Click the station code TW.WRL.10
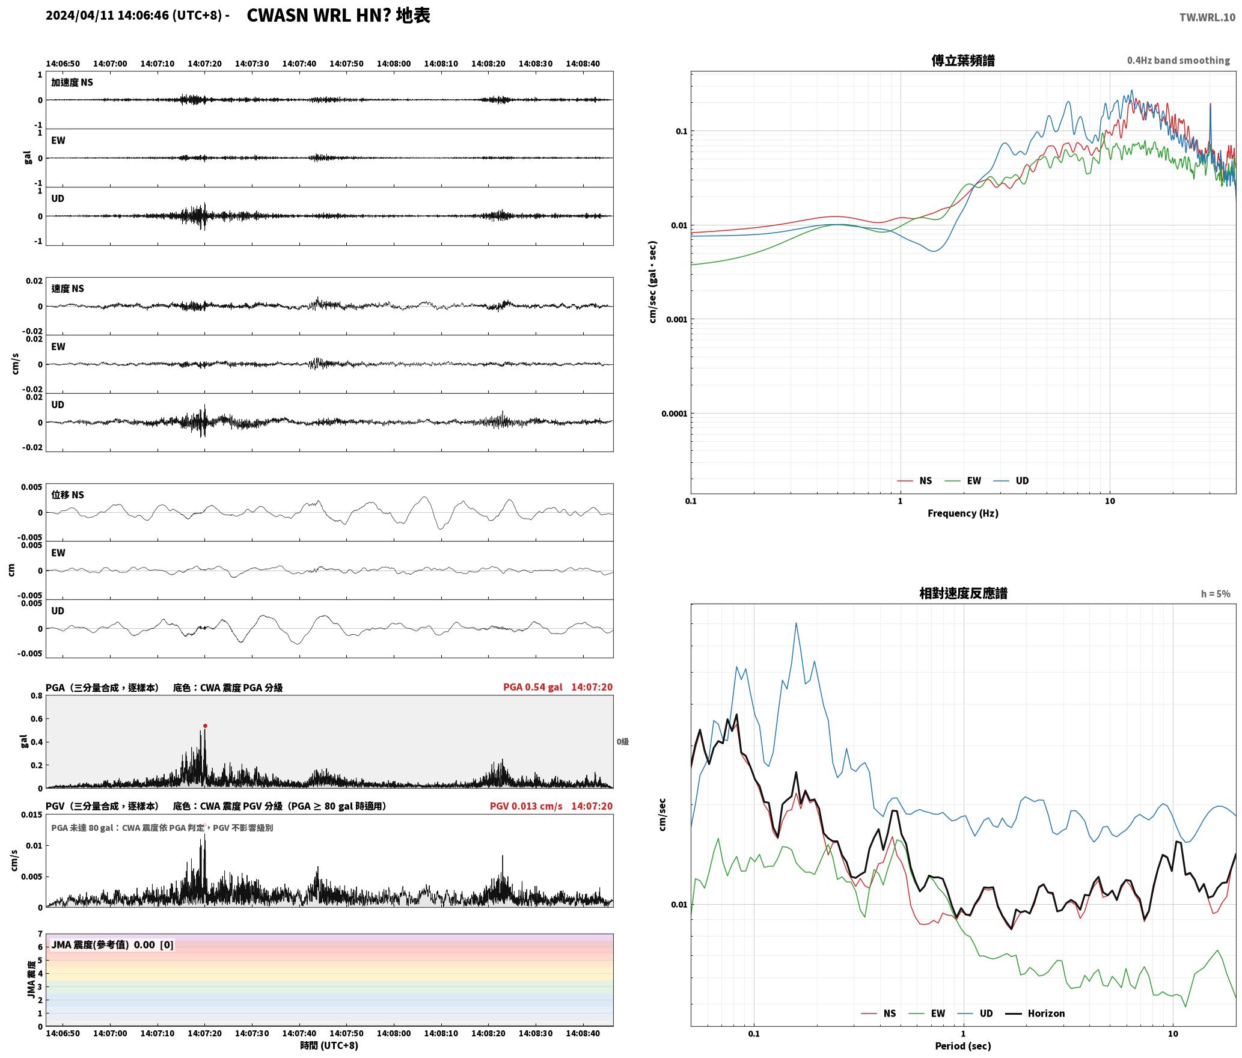1207,17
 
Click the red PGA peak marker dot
205,726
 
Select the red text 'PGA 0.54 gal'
533,687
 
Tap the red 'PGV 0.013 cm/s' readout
526,806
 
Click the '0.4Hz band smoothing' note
1178,61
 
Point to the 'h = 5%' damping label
1216,594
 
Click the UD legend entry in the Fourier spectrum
1011,481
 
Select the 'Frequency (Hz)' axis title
963,513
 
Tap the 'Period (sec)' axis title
963,1046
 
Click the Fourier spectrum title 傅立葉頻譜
963,61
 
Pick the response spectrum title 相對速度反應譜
963,593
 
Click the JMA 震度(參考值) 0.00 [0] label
112,944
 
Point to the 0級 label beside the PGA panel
622,742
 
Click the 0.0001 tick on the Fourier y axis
674,414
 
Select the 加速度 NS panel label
72,82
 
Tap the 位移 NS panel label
67,495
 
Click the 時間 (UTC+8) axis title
329,1045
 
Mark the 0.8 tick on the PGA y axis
37,696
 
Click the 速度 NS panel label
67,289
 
